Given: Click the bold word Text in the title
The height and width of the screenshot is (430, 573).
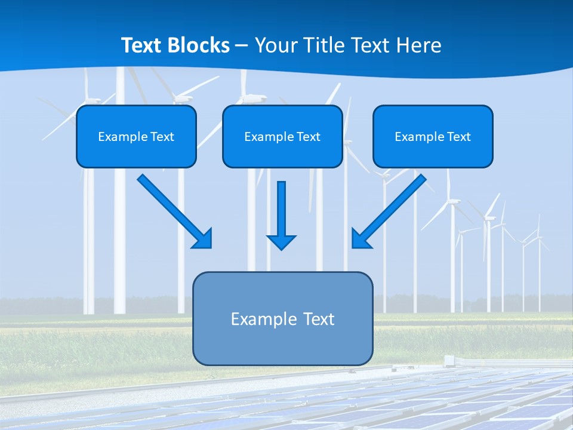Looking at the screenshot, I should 142,45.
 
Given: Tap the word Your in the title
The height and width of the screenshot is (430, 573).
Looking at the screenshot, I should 277,45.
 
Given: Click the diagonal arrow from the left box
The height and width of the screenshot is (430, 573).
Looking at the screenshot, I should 175,211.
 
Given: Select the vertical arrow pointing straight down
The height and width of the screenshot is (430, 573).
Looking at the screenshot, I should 281,215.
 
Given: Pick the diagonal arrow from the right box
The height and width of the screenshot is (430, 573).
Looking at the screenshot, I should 389,211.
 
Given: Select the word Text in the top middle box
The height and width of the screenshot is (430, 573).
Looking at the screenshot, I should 309,137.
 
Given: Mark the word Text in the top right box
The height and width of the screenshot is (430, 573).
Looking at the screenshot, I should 459,137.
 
